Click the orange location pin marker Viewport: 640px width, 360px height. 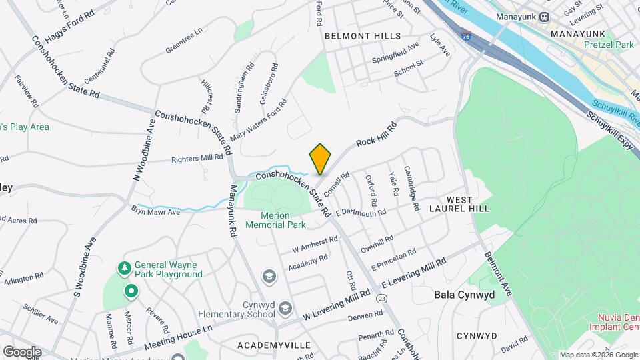coord(320,159)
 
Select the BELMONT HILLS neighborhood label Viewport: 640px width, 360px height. coord(363,36)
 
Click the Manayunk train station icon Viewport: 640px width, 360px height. coord(544,17)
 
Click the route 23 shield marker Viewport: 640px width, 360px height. coord(381,299)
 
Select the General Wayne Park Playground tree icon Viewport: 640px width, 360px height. coord(124,268)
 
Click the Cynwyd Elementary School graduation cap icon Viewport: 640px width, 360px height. coord(285,307)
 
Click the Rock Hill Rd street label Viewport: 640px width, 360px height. coord(376,133)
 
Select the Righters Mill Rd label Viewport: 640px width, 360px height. coord(197,158)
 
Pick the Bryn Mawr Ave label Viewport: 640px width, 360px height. coord(155,212)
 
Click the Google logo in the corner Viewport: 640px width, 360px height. coord(22,351)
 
